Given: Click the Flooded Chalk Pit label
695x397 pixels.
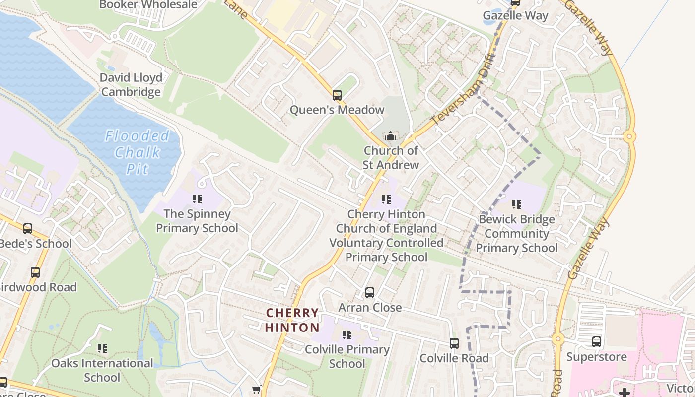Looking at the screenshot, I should pos(137,152).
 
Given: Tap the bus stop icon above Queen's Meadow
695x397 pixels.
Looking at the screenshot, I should pos(337,95).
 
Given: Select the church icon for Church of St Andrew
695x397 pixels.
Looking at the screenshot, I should pos(391,135).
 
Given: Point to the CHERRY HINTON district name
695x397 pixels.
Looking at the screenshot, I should pos(292,320).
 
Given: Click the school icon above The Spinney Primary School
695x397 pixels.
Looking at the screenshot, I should pos(197,199).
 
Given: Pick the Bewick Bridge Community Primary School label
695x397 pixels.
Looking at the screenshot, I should pos(516,233).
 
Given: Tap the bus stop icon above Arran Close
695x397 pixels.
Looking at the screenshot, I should pos(370,293).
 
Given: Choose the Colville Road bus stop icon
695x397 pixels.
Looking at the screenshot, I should pos(454,343).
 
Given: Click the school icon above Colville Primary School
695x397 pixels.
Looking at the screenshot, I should pos(347,335).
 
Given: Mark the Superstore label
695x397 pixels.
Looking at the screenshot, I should pos(596,357).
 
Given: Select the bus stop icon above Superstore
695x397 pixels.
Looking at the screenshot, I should pos(597,342).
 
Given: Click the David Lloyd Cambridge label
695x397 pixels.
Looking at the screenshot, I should pos(131,85).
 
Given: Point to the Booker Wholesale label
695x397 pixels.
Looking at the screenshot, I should pos(148,5).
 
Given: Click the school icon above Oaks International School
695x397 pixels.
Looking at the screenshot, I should pos(102,348).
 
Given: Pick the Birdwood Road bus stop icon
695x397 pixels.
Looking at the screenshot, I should pos(35,272).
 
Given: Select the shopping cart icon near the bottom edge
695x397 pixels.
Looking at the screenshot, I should pos(256,390).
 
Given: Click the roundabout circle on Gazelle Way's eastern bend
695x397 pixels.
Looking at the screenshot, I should pos(629,136).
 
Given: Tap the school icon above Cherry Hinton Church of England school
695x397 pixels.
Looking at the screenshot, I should pos(386,199).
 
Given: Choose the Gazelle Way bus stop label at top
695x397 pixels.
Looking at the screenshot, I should pos(515,15).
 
